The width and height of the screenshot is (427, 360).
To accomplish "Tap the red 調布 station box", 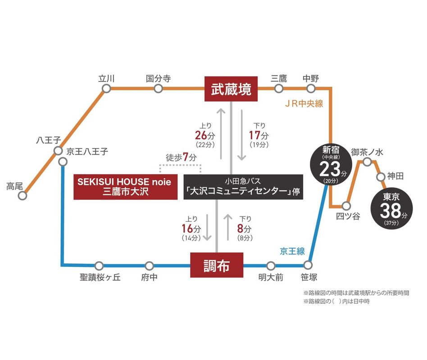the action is tap(217, 265).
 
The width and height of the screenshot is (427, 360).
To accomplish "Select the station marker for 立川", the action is tap(106, 89).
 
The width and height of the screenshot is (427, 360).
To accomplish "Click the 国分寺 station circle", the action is tap(158, 89).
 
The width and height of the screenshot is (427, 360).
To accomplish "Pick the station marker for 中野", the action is tap(311, 89).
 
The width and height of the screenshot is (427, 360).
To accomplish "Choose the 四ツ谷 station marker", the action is tap(346, 206).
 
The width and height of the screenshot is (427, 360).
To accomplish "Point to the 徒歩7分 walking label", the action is tap(181, 158).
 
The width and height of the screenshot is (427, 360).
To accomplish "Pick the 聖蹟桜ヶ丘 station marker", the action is tap(99, 265).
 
